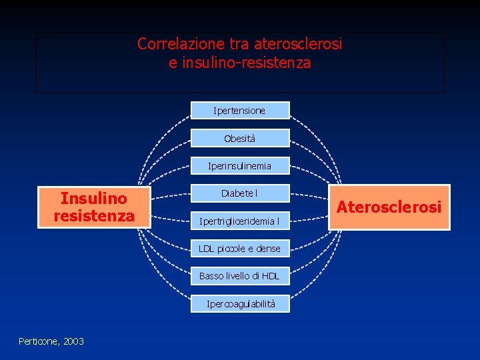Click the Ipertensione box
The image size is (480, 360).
pos(240,110)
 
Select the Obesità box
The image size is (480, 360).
pos(240,138)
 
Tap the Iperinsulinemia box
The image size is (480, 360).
pos(240,165)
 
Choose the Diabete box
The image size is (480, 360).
pos(240,193)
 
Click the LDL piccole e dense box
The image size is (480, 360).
pos(240,249)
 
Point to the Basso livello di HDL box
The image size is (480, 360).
pos(240,276)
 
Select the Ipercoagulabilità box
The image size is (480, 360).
pos(240,304)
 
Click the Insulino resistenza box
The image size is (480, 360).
pos(94,207)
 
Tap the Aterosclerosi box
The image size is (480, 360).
pos(389,207)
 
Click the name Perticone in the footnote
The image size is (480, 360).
pos(39,341)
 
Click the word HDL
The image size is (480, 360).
pos(270,276)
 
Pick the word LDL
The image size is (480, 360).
pos(207,249)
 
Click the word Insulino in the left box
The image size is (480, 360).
pos(94,198)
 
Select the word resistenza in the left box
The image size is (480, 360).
pos(94,216)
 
